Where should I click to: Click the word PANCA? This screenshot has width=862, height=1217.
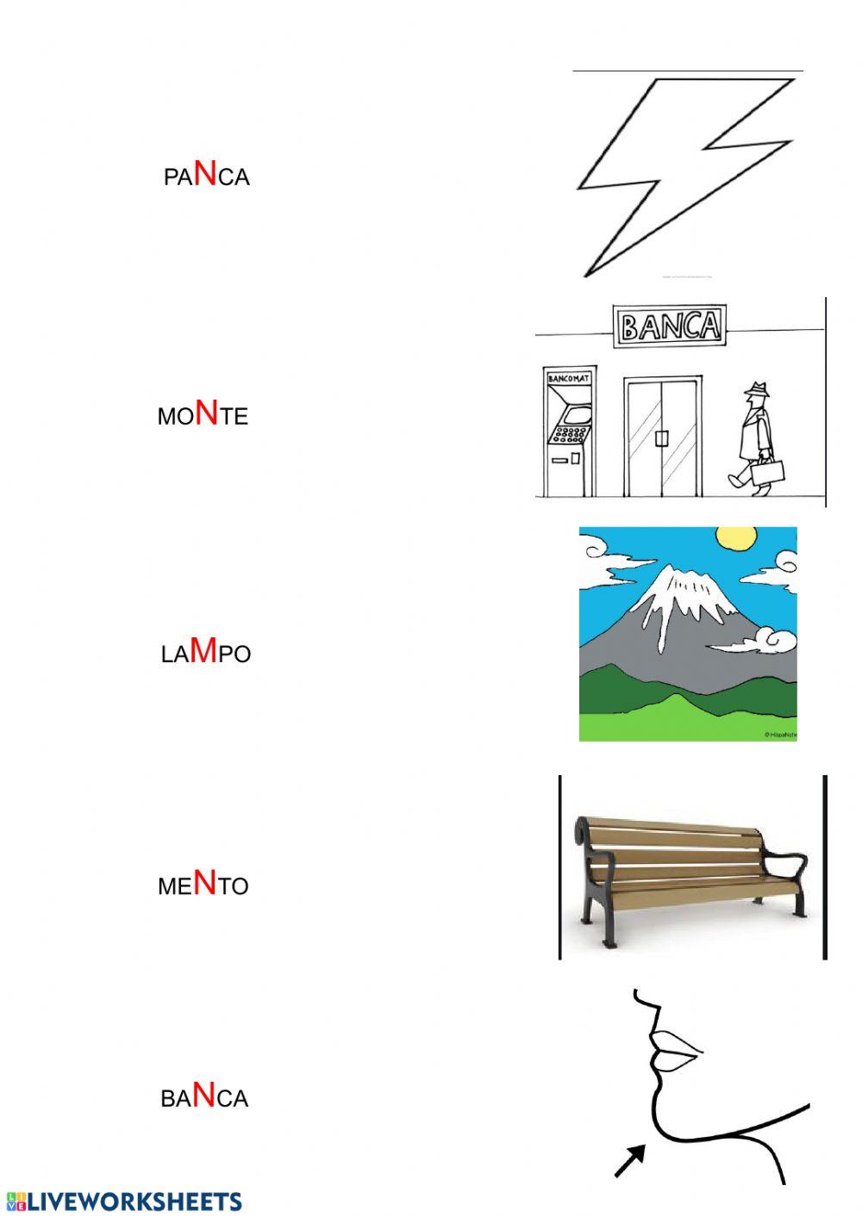206,175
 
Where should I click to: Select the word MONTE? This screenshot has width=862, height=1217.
203,415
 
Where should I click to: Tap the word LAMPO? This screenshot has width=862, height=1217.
205,653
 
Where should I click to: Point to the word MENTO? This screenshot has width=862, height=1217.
203,885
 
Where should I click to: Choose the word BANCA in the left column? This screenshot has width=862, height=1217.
204,1097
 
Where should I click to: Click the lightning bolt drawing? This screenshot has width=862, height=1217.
681,172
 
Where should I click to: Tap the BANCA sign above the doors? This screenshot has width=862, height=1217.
670,326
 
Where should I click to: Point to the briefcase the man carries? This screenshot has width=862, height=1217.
766,471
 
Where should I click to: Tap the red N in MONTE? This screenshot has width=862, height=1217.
207,413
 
